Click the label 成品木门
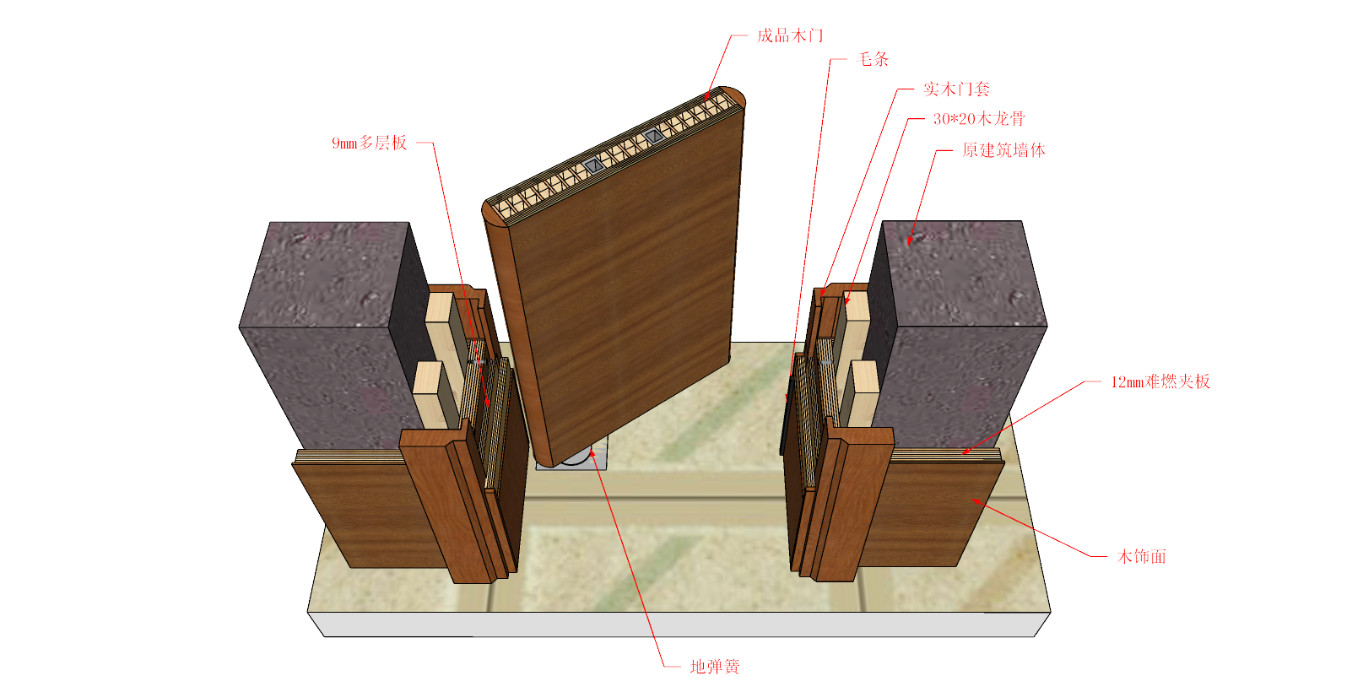click(x=790, y=36)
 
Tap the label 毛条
click(x=873, y=59)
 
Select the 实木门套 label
click(x=956, y=89)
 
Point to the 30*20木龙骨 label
click(x=979, y=119)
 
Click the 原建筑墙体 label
click(x=1003, y=150)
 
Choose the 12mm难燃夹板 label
click(x=1160, y=381)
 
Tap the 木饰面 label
click(x=1142, y=556)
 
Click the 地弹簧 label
click(x=714, y=667)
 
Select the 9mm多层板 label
click(x=370, y=143)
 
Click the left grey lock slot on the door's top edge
click(x=593, y=165)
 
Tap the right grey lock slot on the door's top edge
click(x=654, y=136)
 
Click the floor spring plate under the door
click(x=572, y=457)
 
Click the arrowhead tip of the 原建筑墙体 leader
click(x=908, y=244)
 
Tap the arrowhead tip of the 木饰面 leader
click(x=971, y=500)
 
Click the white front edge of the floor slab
click(x=679, y=624)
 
